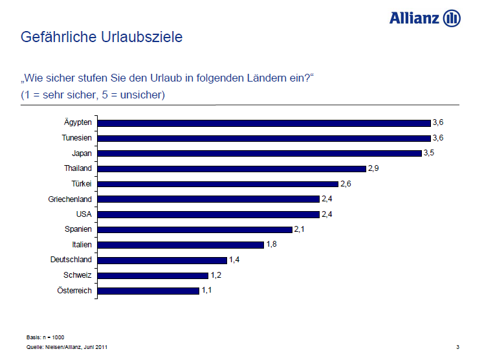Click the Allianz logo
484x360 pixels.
(x=424, y=17)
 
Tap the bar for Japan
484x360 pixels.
(x=259, y=153)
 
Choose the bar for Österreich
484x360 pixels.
(x=148, y=291)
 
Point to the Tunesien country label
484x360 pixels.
(x=76, y=138)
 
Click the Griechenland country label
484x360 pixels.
(x=70, y=199)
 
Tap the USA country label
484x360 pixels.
(x=84, y=214)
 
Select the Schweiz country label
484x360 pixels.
(x=78, y=275)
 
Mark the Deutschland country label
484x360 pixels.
(x=71, y=260)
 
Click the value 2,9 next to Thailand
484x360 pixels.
(x=373, y=168)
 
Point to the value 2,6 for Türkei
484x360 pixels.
(x=346, y=184)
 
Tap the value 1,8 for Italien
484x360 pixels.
(x=272, y=245)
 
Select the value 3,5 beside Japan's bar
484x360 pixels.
(x=429, y=153)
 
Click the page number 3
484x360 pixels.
(x=457, y=347)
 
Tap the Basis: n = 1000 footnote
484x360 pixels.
(x=45, y=338)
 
